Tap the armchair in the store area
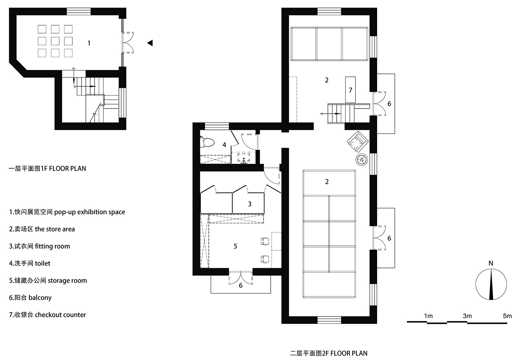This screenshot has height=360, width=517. click(x=358, y=142)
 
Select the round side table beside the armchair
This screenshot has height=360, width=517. click(x=362, y=159)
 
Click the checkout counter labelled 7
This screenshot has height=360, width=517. click(x=350, y=90)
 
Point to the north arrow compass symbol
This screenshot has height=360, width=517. click(x=491, y=284)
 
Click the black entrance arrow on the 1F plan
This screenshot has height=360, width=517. click(x=150, y=43)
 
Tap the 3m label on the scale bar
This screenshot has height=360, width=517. click(x=467, y=316)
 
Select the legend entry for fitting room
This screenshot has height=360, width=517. click(x=40, y=246)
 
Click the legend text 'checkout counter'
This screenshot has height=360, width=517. click(x=60, y=315)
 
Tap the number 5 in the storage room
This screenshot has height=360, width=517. click(x=235, y=246)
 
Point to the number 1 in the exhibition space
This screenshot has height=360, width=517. click(x=89, y=43)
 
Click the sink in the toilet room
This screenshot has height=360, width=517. click(x=244, y=158)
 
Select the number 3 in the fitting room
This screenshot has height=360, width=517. click(x=249, y=204)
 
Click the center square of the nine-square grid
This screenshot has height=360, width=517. click(x=55, y=41)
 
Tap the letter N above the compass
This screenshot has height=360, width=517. click(x=491, y=263)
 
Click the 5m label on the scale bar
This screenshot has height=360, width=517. click(x=507, y=316)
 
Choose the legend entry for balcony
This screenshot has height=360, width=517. click(x=30, y=298)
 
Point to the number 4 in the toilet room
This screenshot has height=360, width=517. click(x=224, y=145)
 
